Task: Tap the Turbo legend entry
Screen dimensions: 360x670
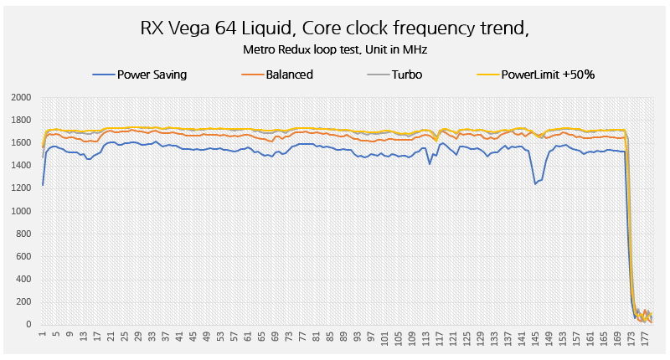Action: [x=405, y=75]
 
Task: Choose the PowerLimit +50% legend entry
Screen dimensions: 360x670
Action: [x=548, y=75]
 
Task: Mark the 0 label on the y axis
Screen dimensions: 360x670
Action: [x=27, y=325]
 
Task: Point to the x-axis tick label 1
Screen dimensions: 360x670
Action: [x=43, y=337]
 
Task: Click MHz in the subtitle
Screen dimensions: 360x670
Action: [x=415, y=49]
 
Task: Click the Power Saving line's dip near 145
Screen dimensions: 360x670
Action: [x=535, y=183]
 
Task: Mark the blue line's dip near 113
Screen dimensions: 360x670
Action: [x=430, y=163]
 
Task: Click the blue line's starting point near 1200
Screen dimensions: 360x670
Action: [x=43, y=185]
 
